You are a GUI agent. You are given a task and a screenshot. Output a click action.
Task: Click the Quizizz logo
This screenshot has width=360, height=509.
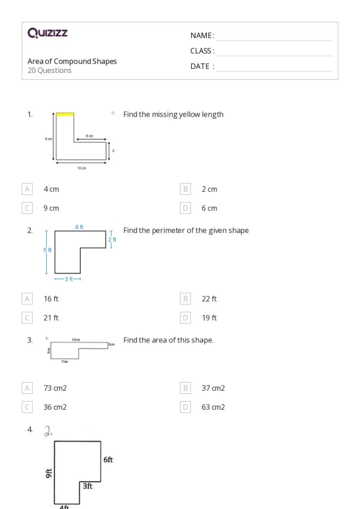[x=48, y=33]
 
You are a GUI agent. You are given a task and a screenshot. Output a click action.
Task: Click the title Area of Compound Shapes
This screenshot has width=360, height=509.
[x=72, y=61]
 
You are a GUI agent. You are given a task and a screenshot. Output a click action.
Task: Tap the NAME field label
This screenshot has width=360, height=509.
[x=202, y=35]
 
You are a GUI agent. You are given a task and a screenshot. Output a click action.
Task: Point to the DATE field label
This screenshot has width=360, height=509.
[x=202, y=66]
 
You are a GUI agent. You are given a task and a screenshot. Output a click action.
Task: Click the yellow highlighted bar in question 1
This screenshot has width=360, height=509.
[x=65, y=115]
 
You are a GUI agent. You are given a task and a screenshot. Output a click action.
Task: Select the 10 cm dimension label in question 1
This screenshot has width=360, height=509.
[x=82, y=168]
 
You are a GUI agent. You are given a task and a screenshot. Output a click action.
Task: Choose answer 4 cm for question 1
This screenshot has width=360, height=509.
[x=51, y=189]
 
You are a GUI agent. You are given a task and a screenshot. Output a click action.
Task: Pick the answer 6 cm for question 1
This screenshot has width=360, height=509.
[x=209, y=208]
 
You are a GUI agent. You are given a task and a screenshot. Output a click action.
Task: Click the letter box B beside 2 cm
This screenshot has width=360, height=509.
[x=186, y=189]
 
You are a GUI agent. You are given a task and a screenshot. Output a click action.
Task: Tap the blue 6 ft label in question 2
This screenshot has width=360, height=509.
[x=79, y=227]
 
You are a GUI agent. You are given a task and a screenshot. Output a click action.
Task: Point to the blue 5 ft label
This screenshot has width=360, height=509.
[x=47, y=250]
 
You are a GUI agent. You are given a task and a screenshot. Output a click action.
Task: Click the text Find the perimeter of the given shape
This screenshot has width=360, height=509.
[x=186, y=230]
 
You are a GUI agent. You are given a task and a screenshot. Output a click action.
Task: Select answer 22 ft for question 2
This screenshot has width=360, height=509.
[x=209, y=299]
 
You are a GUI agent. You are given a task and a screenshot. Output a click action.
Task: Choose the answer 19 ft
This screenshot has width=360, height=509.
[x=209, y=318]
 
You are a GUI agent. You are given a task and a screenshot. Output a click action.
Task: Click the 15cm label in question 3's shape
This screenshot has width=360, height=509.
[x=76, y=340]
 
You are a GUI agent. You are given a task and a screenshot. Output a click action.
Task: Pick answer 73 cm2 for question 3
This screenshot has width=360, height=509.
[x=55, y=388]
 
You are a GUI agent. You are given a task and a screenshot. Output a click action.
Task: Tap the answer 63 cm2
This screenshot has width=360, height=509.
[x=213, y=407]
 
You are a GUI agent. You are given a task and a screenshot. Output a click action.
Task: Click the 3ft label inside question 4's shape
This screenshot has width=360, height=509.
[x=87, y=486]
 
